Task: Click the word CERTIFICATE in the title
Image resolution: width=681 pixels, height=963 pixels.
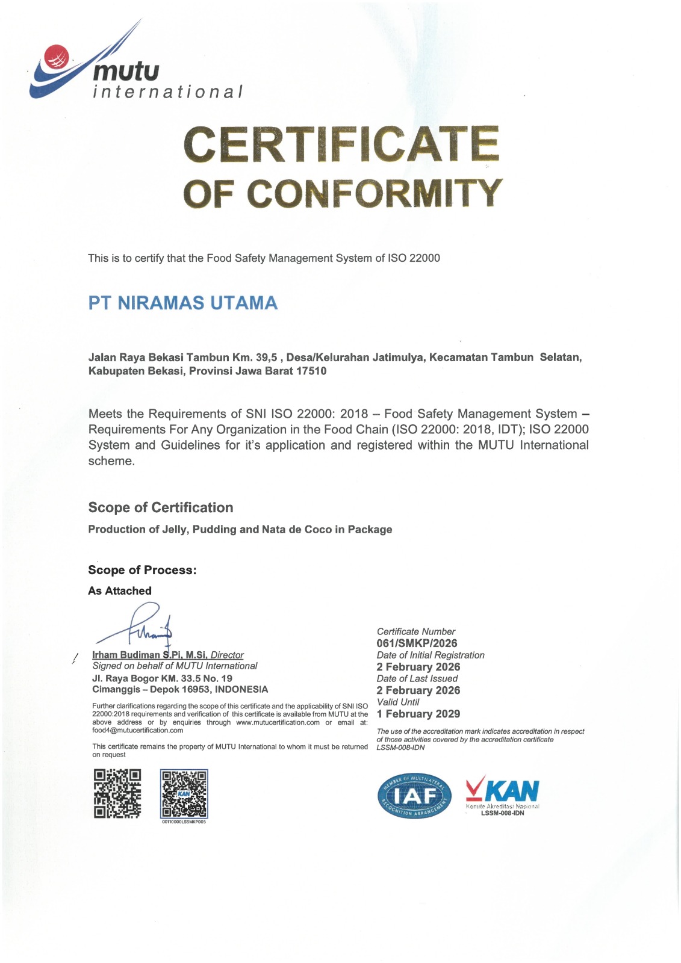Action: click(x=341, y=144)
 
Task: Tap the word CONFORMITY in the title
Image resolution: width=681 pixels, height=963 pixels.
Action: click(x=374, y=194)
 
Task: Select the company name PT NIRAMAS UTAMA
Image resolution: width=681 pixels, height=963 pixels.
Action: click(x=183, y=303)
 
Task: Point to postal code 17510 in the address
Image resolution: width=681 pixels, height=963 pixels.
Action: click(x=311, y=371)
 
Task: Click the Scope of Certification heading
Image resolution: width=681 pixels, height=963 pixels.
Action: click(x=161, y=507)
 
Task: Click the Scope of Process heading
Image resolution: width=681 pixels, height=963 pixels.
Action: click(x=142, y=570)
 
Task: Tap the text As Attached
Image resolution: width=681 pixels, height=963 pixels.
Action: click(x=120, y=591)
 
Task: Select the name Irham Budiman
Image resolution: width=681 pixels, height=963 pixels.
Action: click(x=126, y=655)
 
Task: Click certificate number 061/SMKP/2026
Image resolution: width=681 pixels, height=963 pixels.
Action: click(x=417, y=643)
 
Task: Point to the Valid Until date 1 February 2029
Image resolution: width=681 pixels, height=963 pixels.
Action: click(x=418, y=714)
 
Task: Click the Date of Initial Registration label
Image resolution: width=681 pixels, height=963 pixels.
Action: click(x=431, y=655)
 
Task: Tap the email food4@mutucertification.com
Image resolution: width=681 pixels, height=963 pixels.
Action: click(x=137, y=731)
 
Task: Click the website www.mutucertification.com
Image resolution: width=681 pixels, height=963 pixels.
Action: click(x=278, y=722)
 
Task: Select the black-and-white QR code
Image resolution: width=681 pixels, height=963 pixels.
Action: click(x=117, y=793)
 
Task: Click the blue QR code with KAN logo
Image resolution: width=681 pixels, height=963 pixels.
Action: click(x=184, y=794)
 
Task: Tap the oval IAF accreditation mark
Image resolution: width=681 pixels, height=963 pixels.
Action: click(x=414, y=796)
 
